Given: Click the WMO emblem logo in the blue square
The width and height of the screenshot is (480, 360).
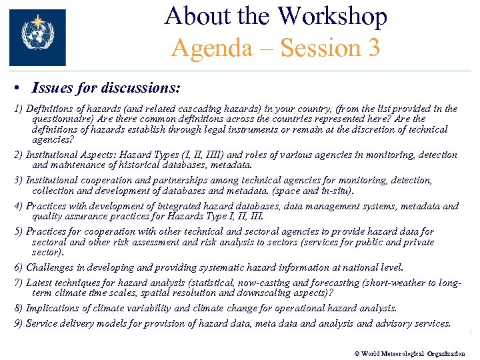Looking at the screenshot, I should click(x=37, y=37).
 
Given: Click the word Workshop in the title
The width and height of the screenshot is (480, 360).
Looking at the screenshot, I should click(x=333, y=16).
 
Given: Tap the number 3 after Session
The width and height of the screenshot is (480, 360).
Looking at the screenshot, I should click(x=373, y=48).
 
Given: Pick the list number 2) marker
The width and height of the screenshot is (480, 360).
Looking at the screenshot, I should click(x=19, y=155).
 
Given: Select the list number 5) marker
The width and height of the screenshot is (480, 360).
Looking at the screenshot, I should click(x=19, y=231).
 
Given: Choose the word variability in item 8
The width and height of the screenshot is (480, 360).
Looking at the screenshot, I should click(x=145, y=308).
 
